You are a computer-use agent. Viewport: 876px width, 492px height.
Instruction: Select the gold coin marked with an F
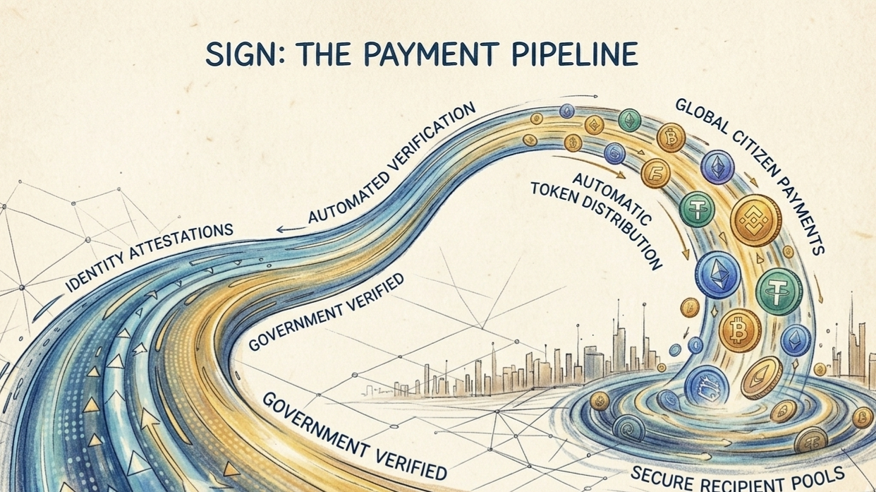coord(655,173)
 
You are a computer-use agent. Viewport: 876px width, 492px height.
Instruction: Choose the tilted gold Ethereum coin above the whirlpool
coord(762,377)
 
